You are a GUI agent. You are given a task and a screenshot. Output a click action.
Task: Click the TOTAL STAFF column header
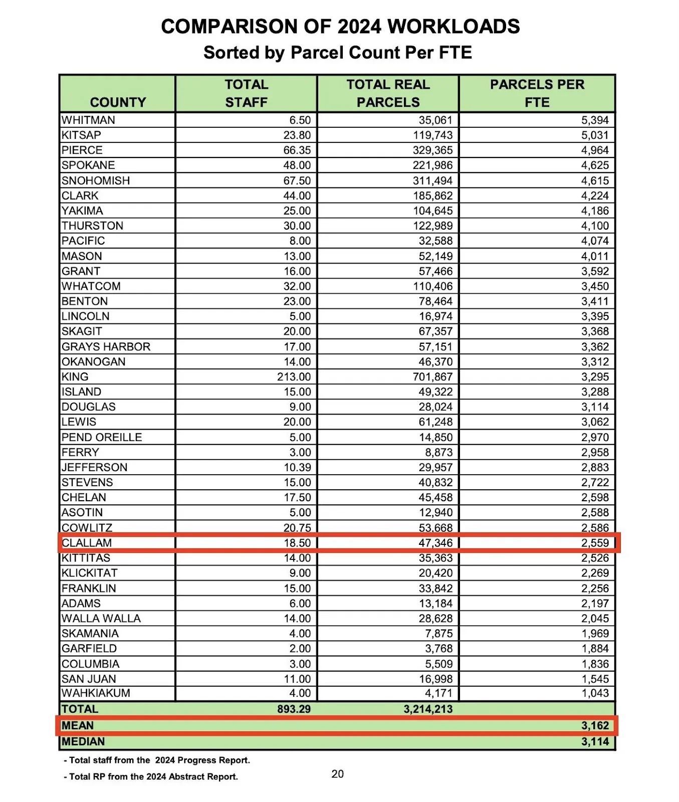[246, 93]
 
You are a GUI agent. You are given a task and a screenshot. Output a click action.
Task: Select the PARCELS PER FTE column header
[537, 93]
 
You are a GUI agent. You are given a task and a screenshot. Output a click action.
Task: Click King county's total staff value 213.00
[294, 377]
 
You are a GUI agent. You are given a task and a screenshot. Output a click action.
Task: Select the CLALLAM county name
[87, 543]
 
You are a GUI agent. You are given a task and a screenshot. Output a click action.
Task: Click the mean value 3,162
[595, 726]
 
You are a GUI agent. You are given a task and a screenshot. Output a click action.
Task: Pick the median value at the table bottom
[595, 742]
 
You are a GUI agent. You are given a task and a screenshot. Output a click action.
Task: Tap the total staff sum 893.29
[294, 709]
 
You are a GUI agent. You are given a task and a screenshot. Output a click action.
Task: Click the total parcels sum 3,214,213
[428, 709]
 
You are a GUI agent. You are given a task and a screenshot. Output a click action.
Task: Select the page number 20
[338, 774]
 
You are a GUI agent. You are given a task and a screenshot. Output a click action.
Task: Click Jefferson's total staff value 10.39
[297, 468]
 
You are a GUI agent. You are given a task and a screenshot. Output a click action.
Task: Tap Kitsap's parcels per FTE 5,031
[595, 135]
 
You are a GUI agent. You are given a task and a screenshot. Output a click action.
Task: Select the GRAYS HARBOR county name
[106, 347]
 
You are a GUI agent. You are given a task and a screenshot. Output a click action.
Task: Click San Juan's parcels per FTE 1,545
[595, 679]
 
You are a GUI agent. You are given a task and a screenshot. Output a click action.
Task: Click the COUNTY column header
[118, 102]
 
